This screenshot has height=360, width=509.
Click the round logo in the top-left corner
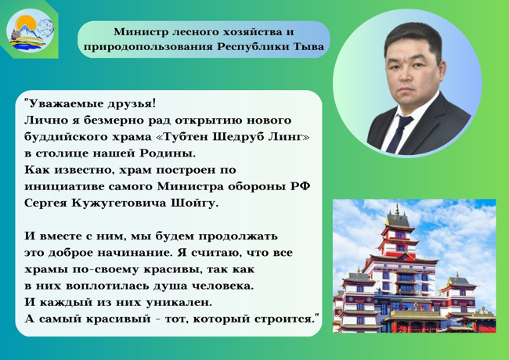point(31,31)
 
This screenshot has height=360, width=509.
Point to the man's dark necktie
point(399,134)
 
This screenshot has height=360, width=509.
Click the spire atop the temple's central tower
point(397,211)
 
